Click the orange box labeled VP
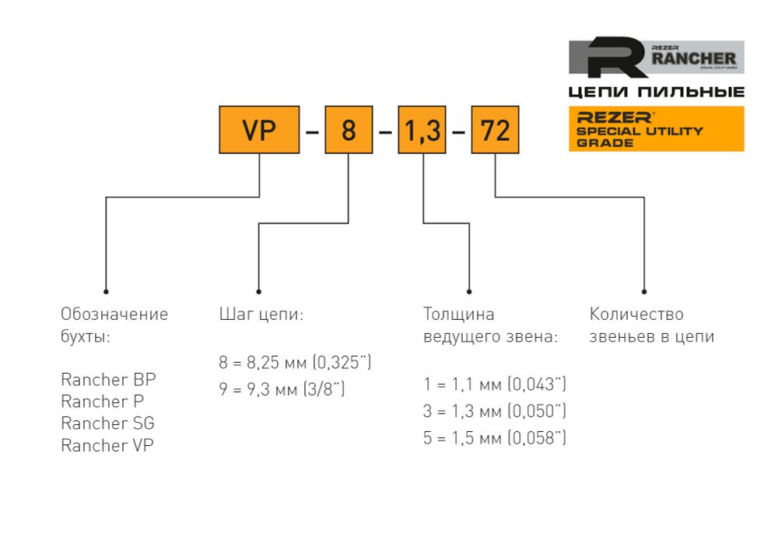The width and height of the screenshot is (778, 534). [x=259, y=130]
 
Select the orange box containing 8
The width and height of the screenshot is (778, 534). [x=348, y=130]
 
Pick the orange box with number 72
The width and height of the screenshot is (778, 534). [x=495, y=130]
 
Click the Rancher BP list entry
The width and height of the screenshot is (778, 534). [x=108, y=380]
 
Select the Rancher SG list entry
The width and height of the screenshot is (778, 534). [x=107, y=423]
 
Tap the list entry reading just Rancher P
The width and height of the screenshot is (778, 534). [x=102, y=402]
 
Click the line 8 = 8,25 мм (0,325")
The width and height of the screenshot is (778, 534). [x=296, y=363]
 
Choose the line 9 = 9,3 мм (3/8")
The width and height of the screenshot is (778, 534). [x=282, y=388]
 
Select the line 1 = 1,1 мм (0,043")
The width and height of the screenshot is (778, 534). [x=494, y=384]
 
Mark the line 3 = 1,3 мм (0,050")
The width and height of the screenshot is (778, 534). [x=494, y=411]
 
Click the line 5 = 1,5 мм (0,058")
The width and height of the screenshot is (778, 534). [x=494, y=438]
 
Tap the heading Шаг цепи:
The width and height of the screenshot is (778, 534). [x=261, y=314]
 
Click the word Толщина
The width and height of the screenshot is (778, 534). [x=459, y=314]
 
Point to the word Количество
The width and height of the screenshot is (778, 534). [x=636, y=314]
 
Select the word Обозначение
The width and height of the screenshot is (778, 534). [x=114, y=314]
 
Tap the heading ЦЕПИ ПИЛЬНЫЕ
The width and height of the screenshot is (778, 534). [x=657, y=92]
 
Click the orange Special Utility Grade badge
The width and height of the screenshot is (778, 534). [x=656, y=129]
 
